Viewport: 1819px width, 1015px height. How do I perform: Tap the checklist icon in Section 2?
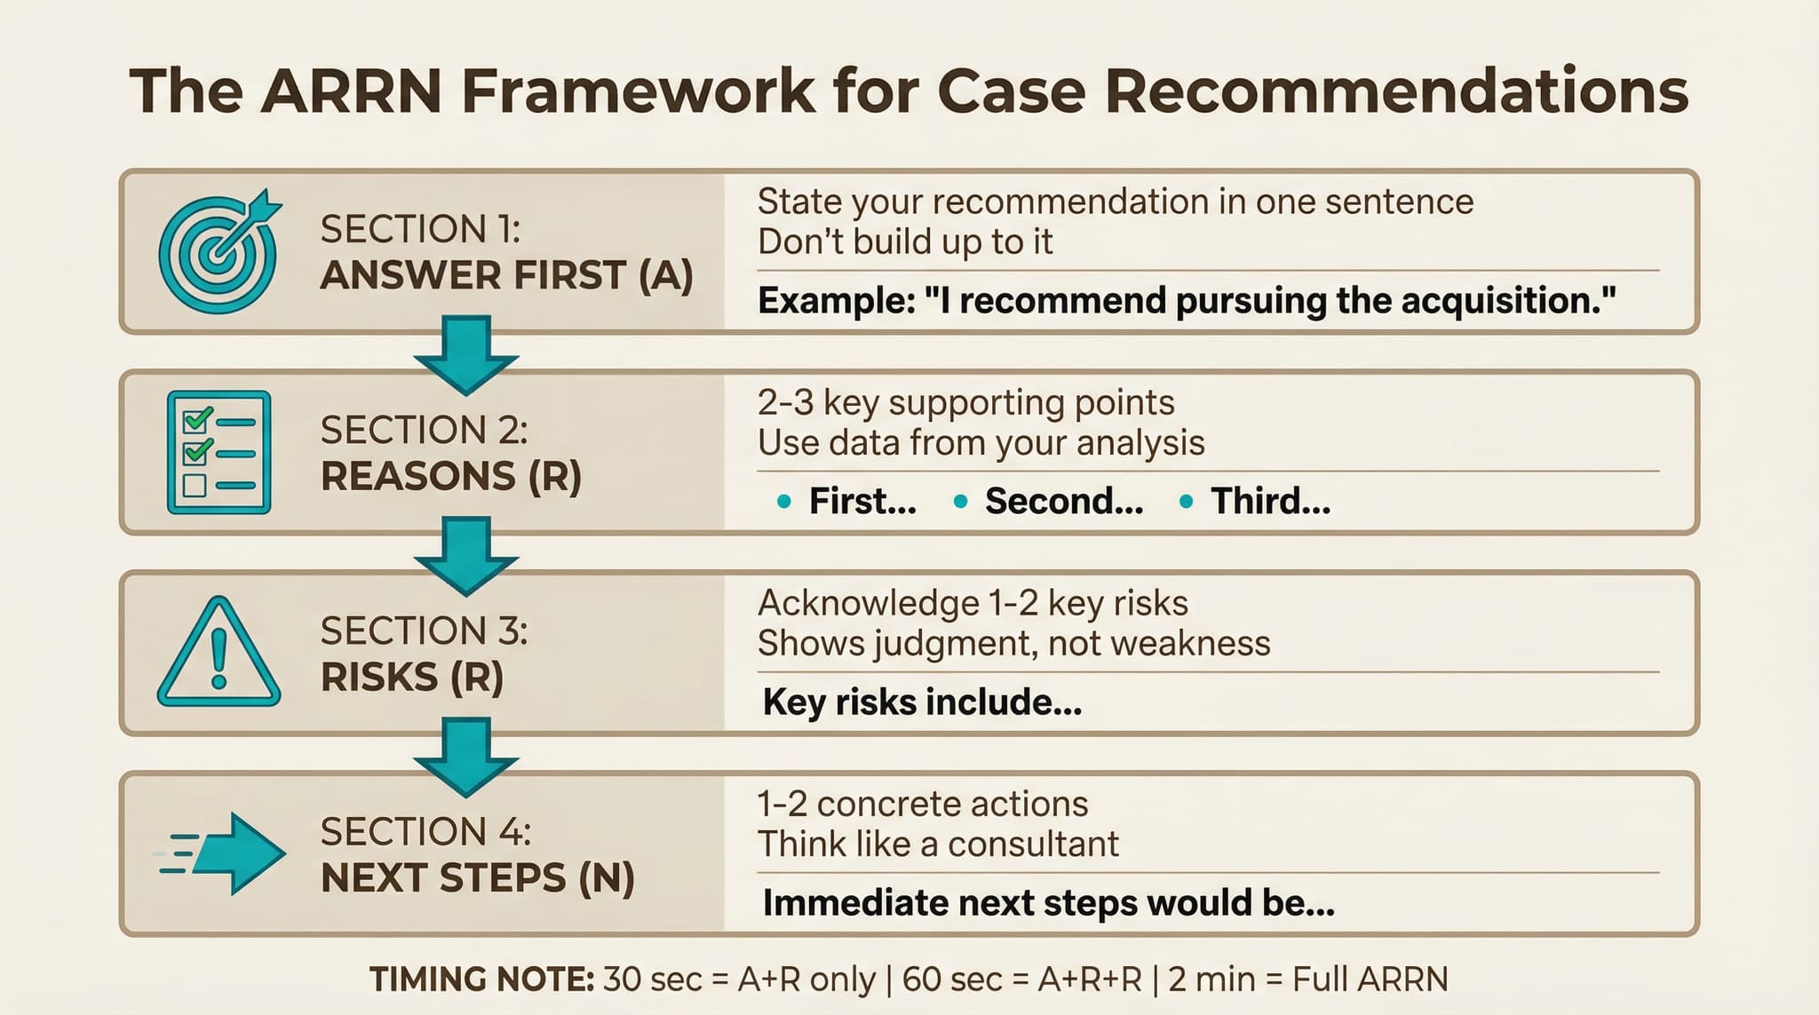click(218, 453)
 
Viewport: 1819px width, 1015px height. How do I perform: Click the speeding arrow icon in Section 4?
click(222, 853)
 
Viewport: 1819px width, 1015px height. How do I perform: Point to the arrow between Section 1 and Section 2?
click(465, 354)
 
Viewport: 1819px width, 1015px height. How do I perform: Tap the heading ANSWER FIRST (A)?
click(506, 275)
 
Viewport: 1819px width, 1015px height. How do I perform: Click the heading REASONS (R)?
click(451, 477)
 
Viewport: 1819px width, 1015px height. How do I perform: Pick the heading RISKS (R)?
click(412, 678)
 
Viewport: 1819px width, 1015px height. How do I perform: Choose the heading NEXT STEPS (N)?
click(478, 878)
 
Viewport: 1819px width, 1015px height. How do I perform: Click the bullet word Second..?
click(1063, 502)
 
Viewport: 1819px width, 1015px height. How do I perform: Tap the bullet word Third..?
click(1270, 502)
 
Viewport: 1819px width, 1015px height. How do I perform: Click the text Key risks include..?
click(921, 702)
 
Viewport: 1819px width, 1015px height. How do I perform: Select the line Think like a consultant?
click(938, 844)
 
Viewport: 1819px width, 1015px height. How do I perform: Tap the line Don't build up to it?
click(905, 242)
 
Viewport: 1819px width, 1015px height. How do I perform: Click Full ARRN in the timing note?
click(1370, 979)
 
